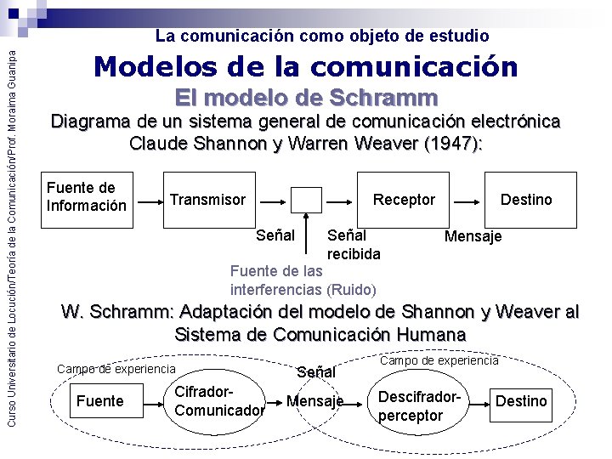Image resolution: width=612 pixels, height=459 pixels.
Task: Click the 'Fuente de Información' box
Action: pos(87,197)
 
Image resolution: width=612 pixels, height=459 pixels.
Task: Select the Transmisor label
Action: pos(208,200)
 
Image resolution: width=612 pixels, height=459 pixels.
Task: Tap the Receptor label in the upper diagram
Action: pos(405,200)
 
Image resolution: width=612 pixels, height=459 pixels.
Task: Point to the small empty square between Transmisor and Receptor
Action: pos(306,200)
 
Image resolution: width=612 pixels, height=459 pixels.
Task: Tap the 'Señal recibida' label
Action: pos(354,244)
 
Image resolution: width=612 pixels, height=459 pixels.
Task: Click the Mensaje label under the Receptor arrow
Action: pos(473,235)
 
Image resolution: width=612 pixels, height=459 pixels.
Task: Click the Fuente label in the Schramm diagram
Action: pos(100,401)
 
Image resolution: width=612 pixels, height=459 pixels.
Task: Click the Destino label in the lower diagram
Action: pos(521,401)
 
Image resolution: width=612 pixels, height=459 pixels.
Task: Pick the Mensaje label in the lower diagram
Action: pos(315,401)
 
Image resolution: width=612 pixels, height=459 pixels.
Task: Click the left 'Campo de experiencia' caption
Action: pos(116,369)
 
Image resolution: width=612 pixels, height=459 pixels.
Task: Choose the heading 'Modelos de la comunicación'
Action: pos(306,65)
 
